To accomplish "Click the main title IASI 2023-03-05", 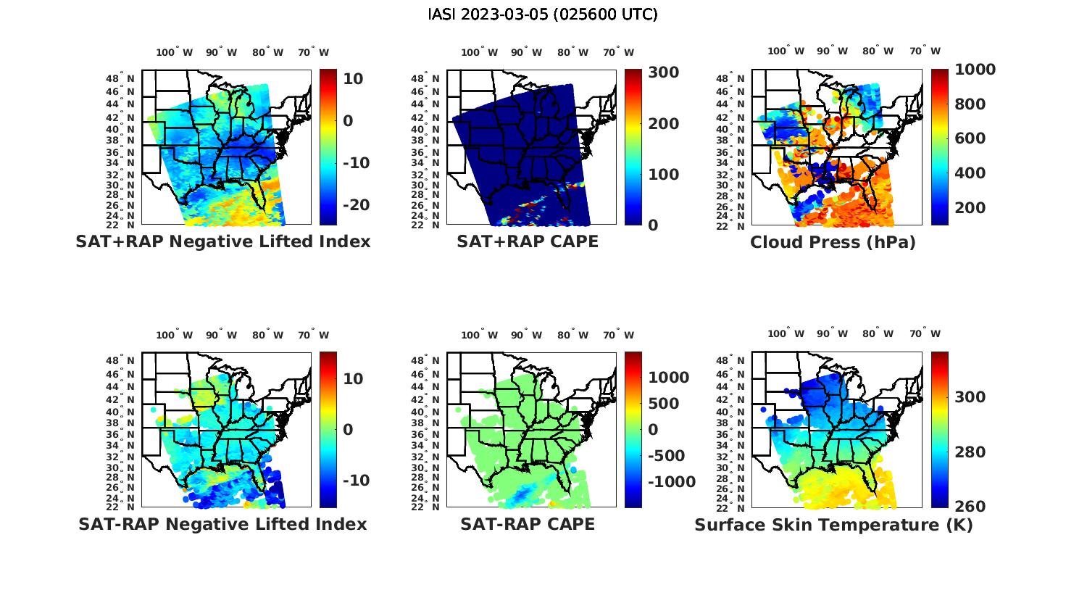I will (543, 14).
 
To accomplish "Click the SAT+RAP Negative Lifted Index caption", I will (222, 241).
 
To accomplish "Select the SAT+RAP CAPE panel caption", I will (528, 241).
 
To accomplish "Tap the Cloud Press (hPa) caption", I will (833, 242).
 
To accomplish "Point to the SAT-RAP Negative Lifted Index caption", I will (222, 524).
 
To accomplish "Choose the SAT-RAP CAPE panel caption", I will (528, 524).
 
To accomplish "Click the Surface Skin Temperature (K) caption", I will (833, 525).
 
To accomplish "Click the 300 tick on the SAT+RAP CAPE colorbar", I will (663, 72).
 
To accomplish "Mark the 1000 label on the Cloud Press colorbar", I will (975, 70).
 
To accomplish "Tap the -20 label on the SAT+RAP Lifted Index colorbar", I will (355, 205).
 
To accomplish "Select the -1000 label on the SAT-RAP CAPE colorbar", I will (671, 483).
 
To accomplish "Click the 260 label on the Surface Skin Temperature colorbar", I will (970, 507).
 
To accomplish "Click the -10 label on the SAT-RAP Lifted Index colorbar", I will (355, 481).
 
